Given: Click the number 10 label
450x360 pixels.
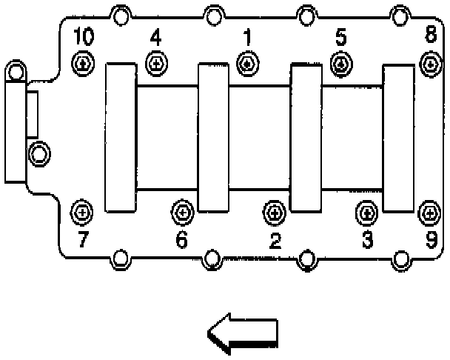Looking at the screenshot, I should [x=83, y=36].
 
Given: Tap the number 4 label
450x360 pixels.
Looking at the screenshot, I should [x=155, y=36].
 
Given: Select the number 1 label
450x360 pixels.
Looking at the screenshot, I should [x=247, y=36].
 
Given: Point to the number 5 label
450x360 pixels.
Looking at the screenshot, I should [x=340, y=36].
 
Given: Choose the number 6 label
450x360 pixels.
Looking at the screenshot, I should [x=182, y=240].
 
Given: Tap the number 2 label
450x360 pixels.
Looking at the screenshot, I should [x=275, y=240].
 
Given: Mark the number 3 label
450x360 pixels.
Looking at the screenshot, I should [x=366, y=240].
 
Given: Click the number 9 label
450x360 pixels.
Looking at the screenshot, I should [x=429, y=240].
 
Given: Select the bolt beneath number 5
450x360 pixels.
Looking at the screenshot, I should [x=340, y=64].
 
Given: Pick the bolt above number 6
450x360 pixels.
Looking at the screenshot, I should [x=183, y=213].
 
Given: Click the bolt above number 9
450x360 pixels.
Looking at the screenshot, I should [x=429, y=213].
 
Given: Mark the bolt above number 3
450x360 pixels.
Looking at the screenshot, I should [x=366, y=213].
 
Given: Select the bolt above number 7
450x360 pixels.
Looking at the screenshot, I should [x=83, y=213].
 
